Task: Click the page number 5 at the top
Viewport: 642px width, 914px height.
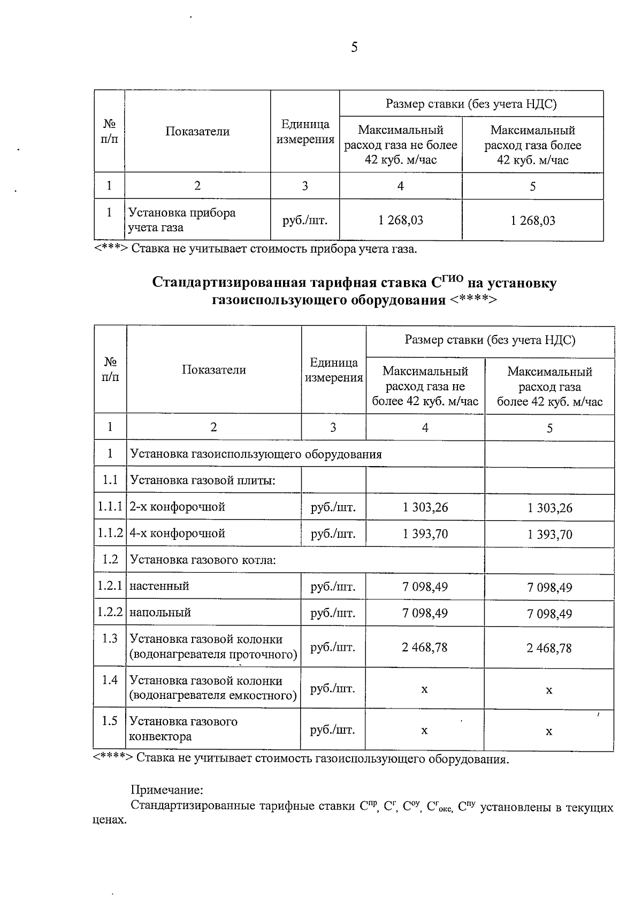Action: point(354,48)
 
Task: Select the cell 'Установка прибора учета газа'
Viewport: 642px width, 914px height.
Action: point(182,220)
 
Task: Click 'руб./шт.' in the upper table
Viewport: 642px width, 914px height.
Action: point(304,220)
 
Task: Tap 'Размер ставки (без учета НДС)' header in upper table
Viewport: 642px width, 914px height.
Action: point(471,104)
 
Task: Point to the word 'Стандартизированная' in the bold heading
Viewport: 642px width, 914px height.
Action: point(228,283)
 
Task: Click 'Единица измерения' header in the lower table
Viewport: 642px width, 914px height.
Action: point(334,370)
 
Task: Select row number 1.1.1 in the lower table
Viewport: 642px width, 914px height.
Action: point(110,506)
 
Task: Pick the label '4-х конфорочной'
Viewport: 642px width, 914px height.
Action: point(177,533)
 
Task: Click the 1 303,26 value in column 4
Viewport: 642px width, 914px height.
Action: point(425,507)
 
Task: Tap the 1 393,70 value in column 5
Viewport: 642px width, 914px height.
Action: point(549,534)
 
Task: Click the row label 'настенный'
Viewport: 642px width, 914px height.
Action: point(159,586)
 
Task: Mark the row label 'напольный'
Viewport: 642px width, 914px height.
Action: point(160,612)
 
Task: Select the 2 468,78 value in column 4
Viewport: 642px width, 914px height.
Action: point(425,647)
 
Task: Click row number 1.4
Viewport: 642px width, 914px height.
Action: point(110,680)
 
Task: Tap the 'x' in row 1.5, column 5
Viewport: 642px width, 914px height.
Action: point(549,731)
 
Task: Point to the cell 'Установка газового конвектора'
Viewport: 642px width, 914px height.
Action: point(184,728)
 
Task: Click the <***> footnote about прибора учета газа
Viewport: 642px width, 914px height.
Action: point(255,249)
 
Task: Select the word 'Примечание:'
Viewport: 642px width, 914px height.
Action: point(167,790)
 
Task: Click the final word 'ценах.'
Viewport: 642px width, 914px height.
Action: point(110,820)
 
